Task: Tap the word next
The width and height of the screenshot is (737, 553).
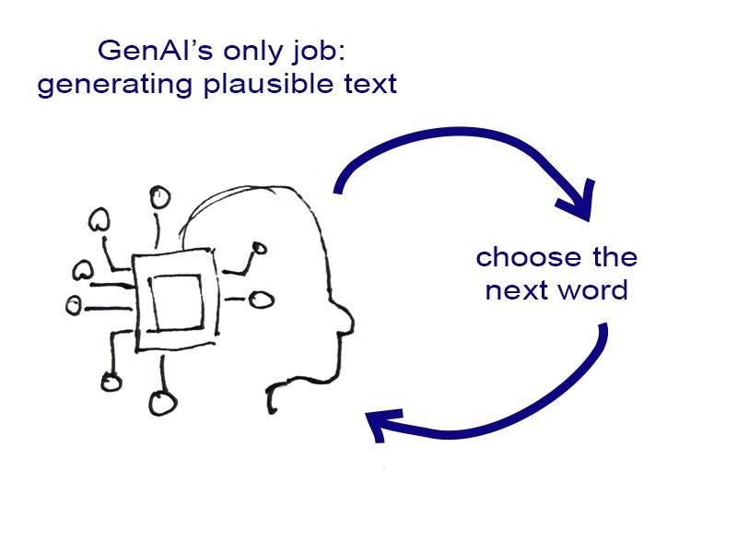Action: coord(516,290)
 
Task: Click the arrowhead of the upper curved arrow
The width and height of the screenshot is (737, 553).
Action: coord(578,204)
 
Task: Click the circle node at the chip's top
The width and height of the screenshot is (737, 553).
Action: coord(159,196)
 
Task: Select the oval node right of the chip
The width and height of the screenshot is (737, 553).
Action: coord(263,300)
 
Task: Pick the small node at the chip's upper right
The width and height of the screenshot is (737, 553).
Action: coord(259,248)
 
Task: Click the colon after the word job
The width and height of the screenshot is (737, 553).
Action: coord(340,48)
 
